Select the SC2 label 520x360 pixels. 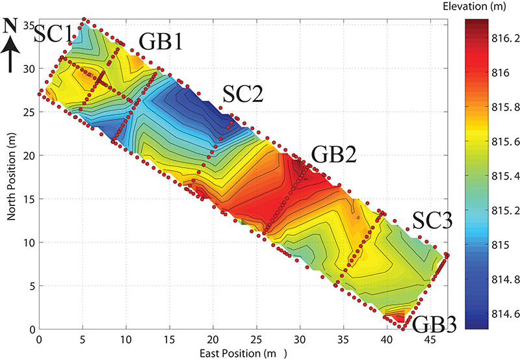tap(242, 96)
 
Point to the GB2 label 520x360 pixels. tap(333, 155)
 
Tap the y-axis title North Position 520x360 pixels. tap(10, 172)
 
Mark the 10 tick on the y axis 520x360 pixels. tap(29, 242)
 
